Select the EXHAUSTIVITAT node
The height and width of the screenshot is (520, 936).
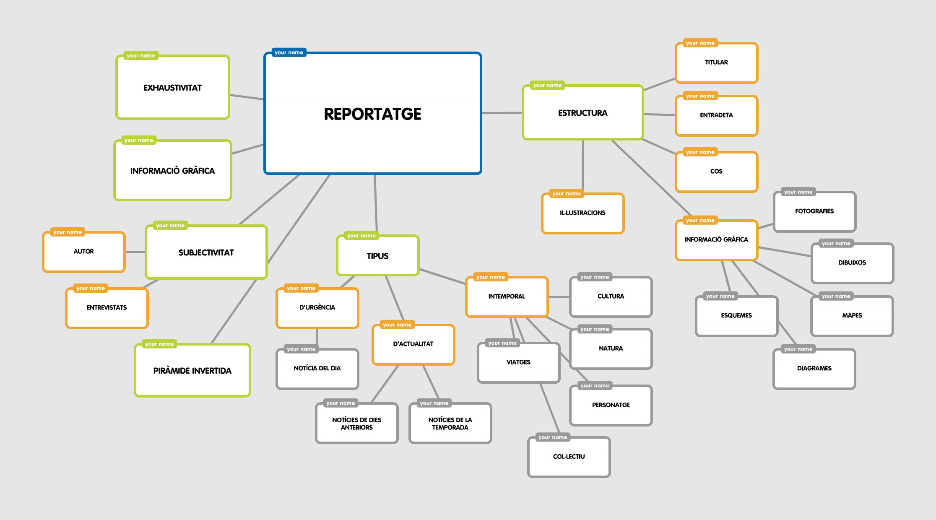point(173,88)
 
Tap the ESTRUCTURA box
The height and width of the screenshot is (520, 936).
point(582,113)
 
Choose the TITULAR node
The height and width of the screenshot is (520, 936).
point(716,62)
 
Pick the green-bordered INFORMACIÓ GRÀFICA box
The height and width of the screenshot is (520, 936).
point(172,171)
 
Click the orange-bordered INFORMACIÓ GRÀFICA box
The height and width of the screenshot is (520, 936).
point(716,240)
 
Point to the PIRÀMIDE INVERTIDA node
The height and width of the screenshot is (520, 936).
point(192,371)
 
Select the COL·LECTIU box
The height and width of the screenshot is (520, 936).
point(569,457)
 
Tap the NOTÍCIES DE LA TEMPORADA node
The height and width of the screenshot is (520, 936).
point(450,424)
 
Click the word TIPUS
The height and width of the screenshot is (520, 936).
point(377,256)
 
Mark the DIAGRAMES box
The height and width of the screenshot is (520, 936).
point(814,369)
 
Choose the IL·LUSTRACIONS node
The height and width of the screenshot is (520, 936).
point(582,213)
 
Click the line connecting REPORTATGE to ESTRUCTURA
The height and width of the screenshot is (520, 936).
point(502,113)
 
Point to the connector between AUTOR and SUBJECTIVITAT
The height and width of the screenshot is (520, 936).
point(135,252)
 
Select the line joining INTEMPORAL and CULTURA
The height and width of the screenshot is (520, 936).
point(559,297)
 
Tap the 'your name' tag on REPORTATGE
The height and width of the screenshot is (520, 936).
point(289,52)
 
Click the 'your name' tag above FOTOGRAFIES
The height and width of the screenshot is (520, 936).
point(798,192)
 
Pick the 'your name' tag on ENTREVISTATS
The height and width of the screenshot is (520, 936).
point(91,289)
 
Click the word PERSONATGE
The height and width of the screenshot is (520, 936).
point(611,405)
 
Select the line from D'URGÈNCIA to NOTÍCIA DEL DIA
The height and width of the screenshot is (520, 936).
point(317,338)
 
